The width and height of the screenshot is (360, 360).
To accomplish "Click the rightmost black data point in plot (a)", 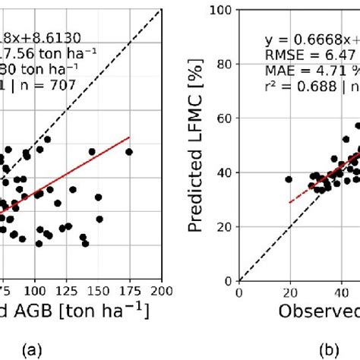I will coord(129,152).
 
